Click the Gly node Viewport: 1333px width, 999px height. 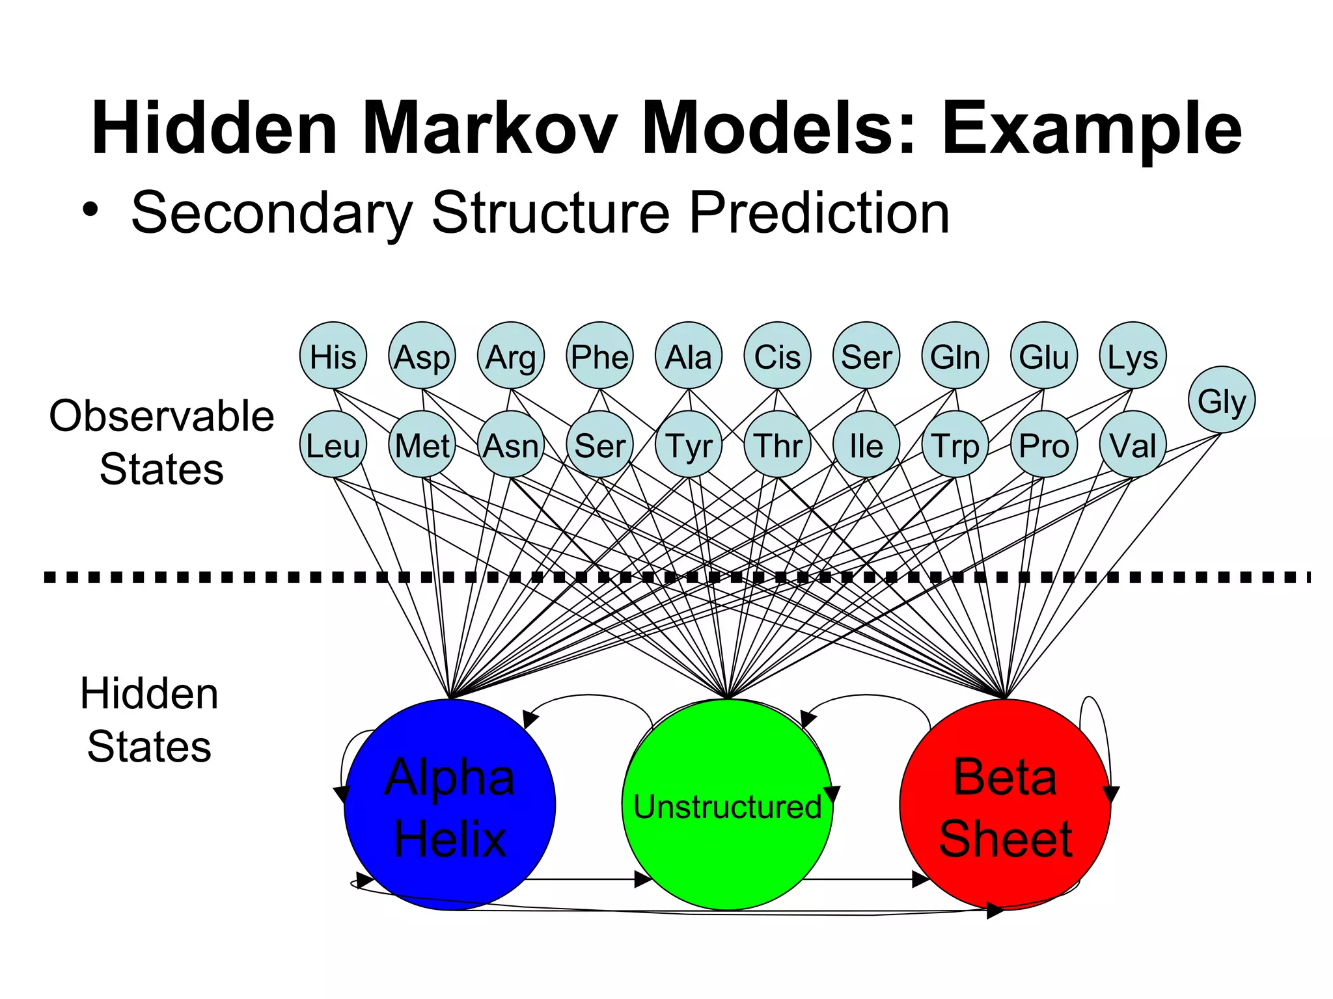click(x=1221, y=400)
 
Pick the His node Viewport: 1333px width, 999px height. click(x=333, y=356)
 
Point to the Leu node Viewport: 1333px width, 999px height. click(x=333, y=445)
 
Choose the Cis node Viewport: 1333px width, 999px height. click(x=777, y=356)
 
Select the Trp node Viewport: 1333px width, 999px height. click(x=955, y=445)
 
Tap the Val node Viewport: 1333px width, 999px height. click(x=1133, y=445)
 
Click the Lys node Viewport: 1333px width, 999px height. click(x=1133, y=356)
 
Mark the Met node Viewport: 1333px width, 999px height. click(x=422, y=445)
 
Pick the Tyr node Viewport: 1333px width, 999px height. click(x=689, y=445)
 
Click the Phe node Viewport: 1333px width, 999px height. click(x=599, y=356)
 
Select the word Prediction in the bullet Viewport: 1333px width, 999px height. click(x=819, y=213)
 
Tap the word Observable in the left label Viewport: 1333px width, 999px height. click(x=161, y=416)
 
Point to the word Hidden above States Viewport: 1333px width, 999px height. click(x=149, y=693)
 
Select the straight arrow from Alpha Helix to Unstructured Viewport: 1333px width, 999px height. click(x=586, y=880)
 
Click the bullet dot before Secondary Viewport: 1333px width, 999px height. click(x=90, y=210)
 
